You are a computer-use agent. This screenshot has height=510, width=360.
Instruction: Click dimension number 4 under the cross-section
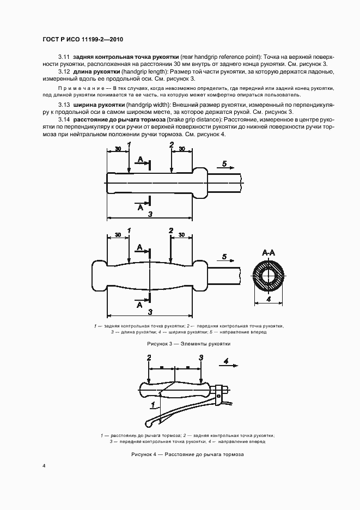(269, 299)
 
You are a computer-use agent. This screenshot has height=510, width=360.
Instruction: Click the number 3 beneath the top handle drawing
(150, 215)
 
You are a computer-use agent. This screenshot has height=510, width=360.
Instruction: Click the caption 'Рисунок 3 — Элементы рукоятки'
(189, 344)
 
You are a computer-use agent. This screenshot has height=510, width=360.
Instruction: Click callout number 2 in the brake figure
(149, 358)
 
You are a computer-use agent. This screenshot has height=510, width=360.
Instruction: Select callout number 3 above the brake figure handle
(201, 358)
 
